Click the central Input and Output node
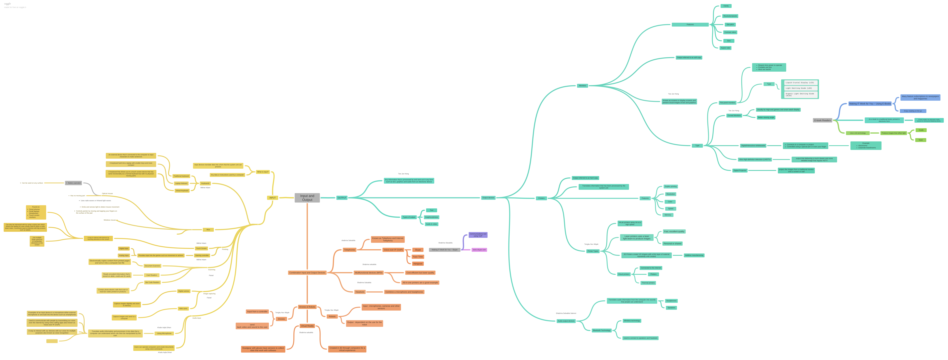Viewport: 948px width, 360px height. (x=307, y=198)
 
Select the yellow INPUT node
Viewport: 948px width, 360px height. (x=272, y=198)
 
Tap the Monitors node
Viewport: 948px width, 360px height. (x=582, y=86)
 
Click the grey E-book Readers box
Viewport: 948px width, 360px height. (x=822, y=120)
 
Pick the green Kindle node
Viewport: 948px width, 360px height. (x=921, y=130)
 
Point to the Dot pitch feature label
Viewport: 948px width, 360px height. (x=730, y=25)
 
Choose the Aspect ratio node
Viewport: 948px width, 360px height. (x=725, y=48)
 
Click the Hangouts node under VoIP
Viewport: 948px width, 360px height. (x=418, y=264)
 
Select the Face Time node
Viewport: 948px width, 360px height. (x=418, y=257)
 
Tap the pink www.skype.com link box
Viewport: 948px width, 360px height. (x=479, y=250)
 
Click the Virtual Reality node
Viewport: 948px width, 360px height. (x=307, y=326)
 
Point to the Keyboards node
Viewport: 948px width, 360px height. (x=205, y=183)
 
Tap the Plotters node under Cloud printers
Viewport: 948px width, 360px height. (x=653, y=274)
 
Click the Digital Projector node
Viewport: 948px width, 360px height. (x=740, y=170)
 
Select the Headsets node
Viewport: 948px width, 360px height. (x=360, y=292)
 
